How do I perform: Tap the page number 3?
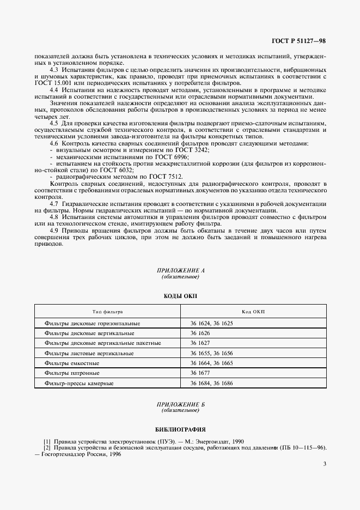click(x=324, y=464)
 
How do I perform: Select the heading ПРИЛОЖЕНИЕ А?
click(x=180, y=270)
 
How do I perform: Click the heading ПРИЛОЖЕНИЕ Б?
click(x=180, y=404)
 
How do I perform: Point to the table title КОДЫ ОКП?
click(x=180, y=296)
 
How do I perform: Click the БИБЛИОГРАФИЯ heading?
click(x=180, y=430)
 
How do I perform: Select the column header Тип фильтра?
click(x=107, y=312)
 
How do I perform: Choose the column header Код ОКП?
click(x=253, y=312)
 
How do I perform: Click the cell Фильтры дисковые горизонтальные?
click(x=92, y=323)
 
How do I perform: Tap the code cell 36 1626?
click(x=200, y=333)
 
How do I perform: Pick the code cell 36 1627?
click(x=200, y=343)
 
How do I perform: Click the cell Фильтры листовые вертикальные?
click(x=89, y=353)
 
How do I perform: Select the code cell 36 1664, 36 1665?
click(x=211, y=363)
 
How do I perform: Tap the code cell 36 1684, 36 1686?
click(x=211, y=384)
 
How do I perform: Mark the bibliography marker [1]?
click(x=47, y=441)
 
